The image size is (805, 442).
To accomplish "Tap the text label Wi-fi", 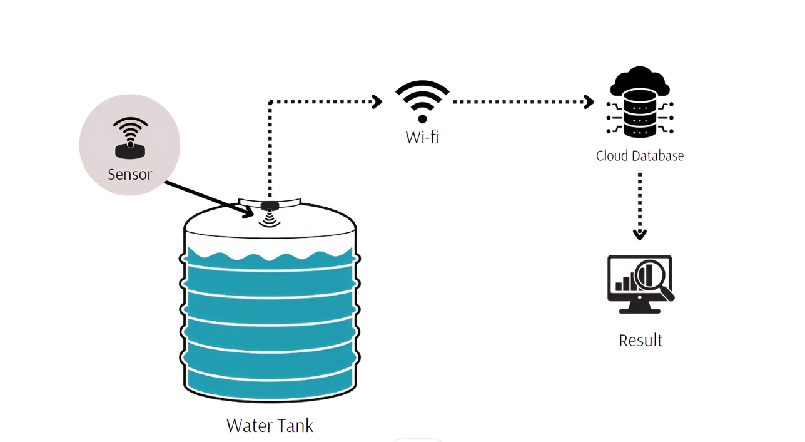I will (422, 136).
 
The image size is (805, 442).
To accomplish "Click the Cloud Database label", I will (639, 155).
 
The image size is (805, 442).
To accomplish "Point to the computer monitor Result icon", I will (640, 284).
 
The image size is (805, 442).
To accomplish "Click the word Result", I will (640, 340).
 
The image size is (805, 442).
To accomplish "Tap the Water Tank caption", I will (270, 426).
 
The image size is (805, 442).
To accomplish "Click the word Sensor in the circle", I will (129, 174).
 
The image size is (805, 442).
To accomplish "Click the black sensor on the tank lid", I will (270, 205).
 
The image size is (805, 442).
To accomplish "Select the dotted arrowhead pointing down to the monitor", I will (639, 235).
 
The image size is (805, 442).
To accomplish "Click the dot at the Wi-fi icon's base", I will (422, 119).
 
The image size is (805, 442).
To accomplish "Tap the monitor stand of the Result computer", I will (639, 308).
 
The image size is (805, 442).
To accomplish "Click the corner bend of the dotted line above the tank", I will (270, 102).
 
